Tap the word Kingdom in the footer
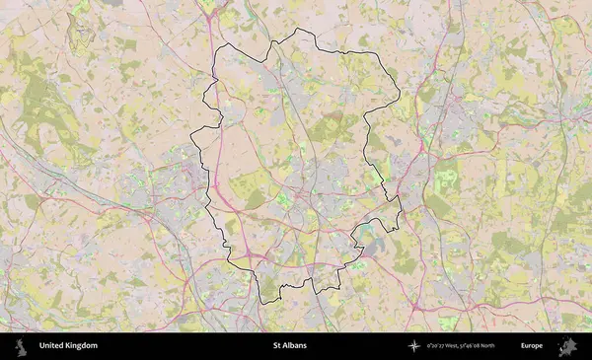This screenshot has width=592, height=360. click(81, 346)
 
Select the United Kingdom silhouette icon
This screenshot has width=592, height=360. click(20, 346)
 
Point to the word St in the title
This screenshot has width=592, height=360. click(277, 346)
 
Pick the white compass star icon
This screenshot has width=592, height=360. click(414, 346)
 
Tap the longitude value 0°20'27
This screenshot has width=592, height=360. click(438, 346)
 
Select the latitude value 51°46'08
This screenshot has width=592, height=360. click(483, 346)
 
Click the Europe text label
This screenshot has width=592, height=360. click(532, 346)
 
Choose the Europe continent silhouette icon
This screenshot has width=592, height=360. click(567, 346)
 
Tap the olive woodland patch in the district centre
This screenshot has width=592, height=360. click(326, 128)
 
